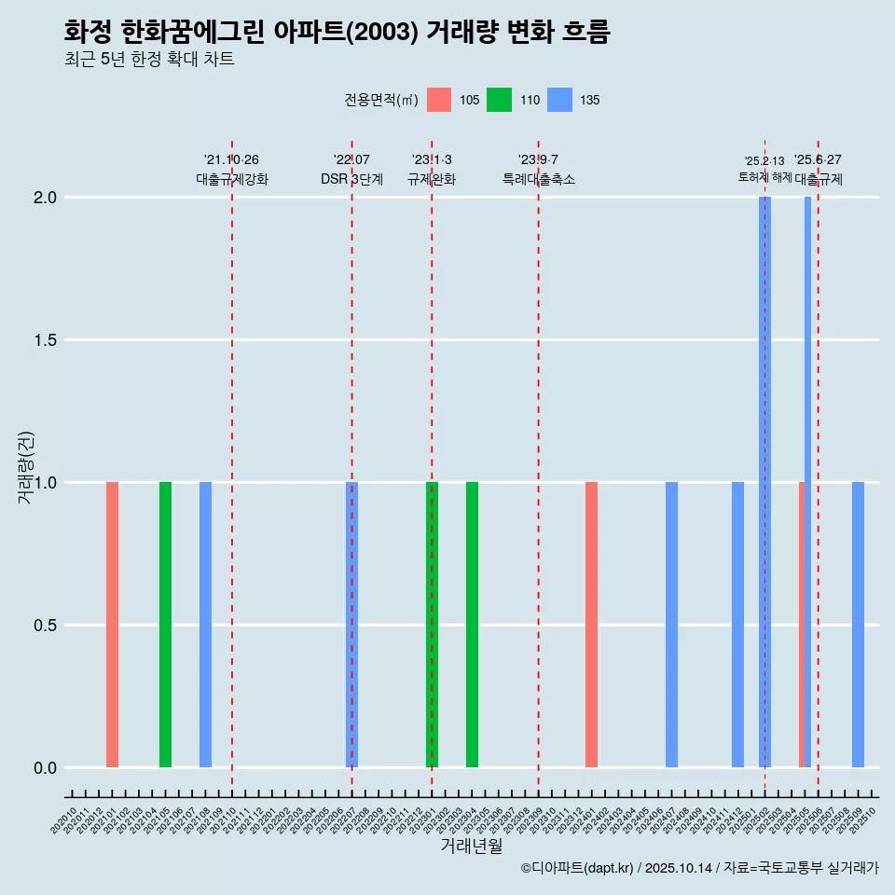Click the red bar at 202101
click(x=112, y=625)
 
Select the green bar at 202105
click(x=165, y=625)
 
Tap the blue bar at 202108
click(x=205, y=625)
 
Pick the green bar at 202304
click(x=472, y=625)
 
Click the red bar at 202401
click(x=591, y=625)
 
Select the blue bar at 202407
click(x=671, y=625)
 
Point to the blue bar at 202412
click(x=737, y=625)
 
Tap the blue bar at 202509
click(x=858, y=625)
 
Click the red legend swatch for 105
click(x=439, y=100)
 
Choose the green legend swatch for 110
click(x=500, y=100)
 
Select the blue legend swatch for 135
click(x=559, y=100)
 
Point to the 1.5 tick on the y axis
click(x=46, y=340)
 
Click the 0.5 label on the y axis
click(x=46, y=626)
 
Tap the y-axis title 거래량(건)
click(x=26, y=467)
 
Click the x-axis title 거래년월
click(x=471, y=847)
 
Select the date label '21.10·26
click(x=231, y=160)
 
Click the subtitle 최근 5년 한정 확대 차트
click(x=149, y=60)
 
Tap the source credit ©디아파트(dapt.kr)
click(x=577, y=868)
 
